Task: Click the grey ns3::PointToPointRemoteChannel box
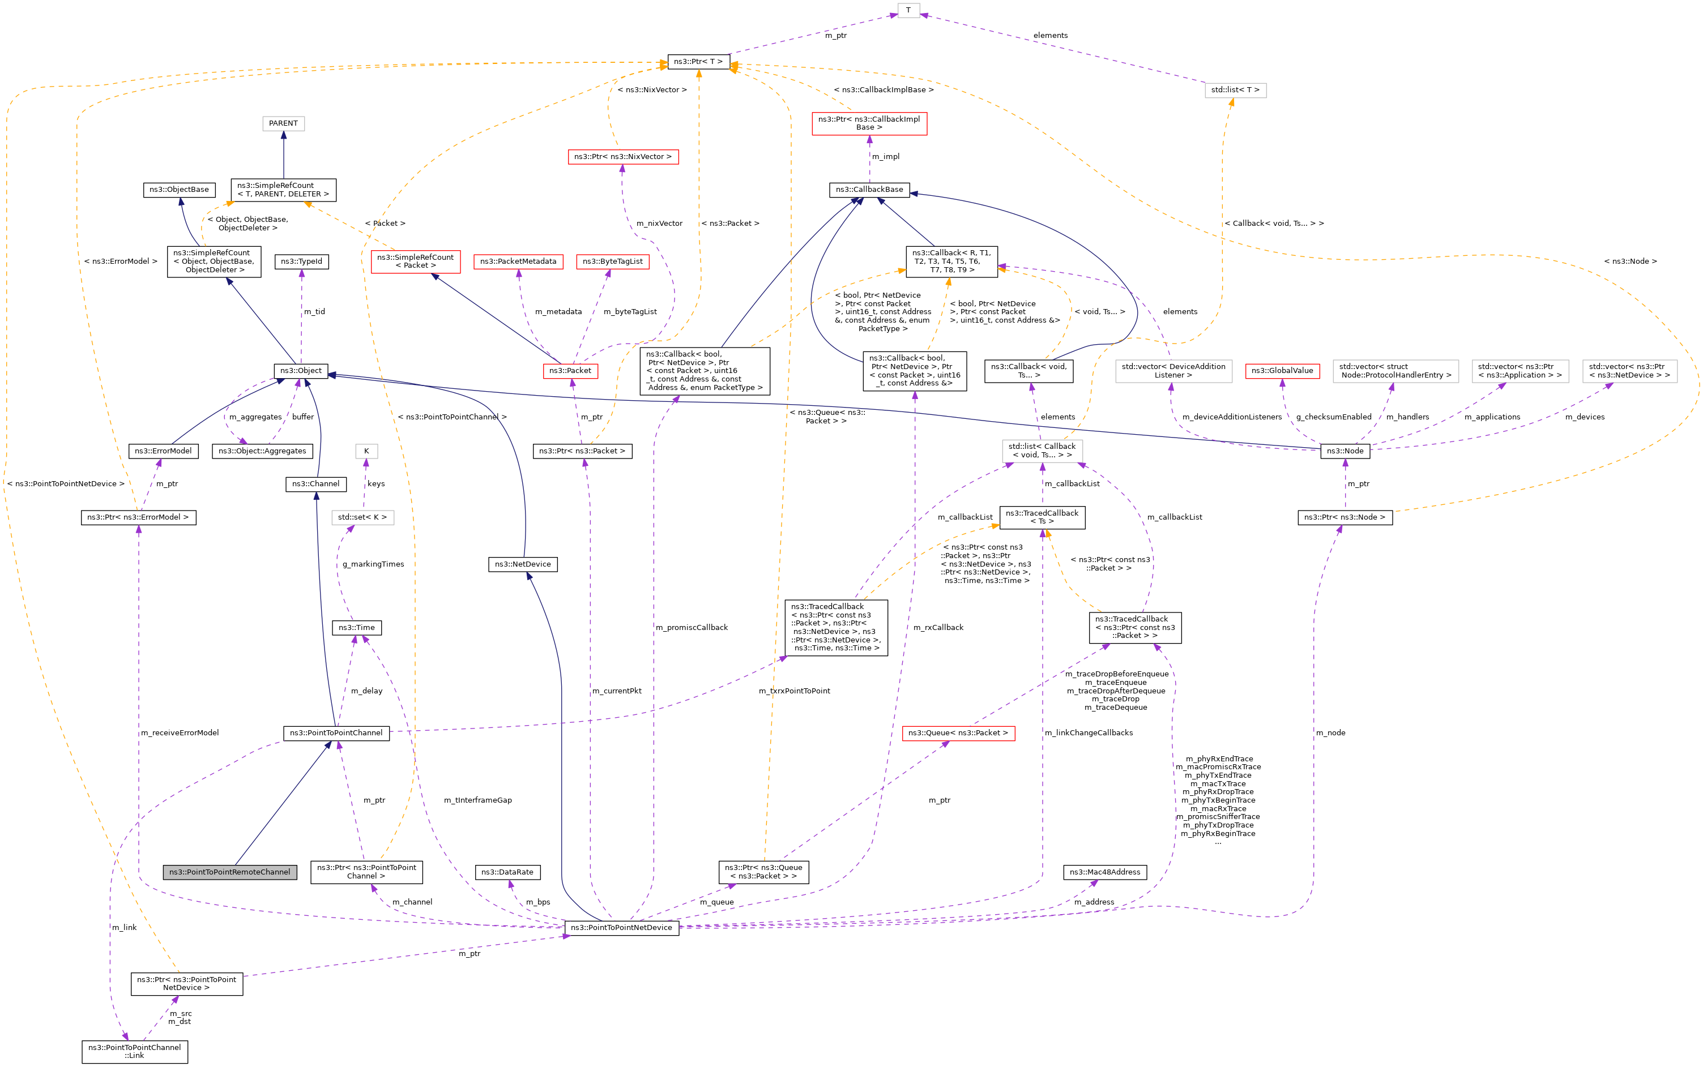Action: coord(229,872)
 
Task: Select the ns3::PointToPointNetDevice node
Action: coord(621,927)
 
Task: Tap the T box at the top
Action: coord(908,10)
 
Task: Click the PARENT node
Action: coord(283,123)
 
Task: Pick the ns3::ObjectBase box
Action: coord(180,190)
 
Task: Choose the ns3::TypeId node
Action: coord(301,262)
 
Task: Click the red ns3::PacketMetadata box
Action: coord(518,262)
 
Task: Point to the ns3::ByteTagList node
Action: coord(612,262)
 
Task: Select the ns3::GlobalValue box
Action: coord(1282,371)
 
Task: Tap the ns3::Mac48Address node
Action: coord(1105,872)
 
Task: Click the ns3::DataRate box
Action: coord(507,872)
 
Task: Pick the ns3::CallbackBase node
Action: coord(869,190)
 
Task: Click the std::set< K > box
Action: coord(362,517)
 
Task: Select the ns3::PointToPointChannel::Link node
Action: coord(134,1052)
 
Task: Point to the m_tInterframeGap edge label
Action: coord(478,800)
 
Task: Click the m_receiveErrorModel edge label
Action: coord(180,732)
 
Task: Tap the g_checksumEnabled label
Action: coord(1334,417)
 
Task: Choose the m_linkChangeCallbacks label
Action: coord(1089,732)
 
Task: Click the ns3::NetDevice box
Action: coord(523,564)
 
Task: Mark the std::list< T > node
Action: coord(1235,91)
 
